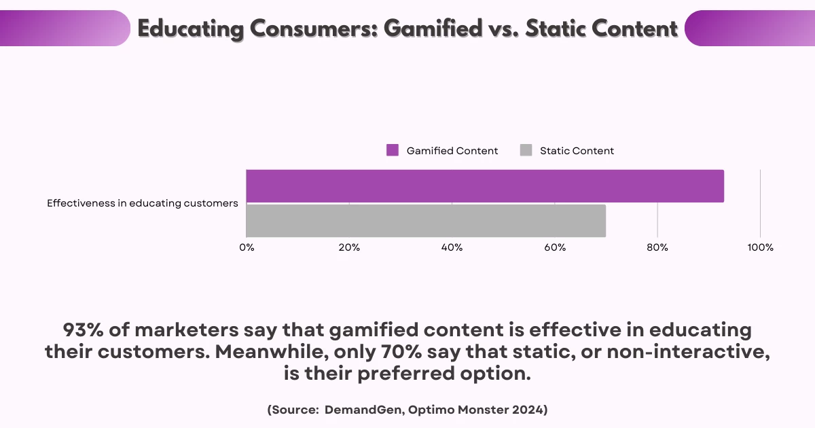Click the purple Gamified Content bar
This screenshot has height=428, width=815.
pyautogui.click(x=485, y=186)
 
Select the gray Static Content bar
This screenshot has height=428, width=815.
pyautogui.click(x=426, y=221)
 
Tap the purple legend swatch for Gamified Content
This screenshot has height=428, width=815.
pyautogui.click(x=393, y=151)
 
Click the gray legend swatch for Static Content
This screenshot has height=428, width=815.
pyautogui.click(x=526, y=151)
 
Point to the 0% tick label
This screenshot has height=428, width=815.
pyautogui.click(x=247, y=247)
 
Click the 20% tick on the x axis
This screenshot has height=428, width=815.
pyautogui.click(x=349, y=247)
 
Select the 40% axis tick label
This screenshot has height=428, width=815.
pyautogui.click(x=452, y=247)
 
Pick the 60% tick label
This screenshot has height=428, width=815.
pyautogui.click(x=555, y=247)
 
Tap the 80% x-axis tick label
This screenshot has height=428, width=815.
pyautogui.click(x=657, y=247)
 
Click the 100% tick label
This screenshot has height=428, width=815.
pyautogui.click(x=760, y=247)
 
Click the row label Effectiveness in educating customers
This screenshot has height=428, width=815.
pyautogui.click(x=143, y=203)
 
